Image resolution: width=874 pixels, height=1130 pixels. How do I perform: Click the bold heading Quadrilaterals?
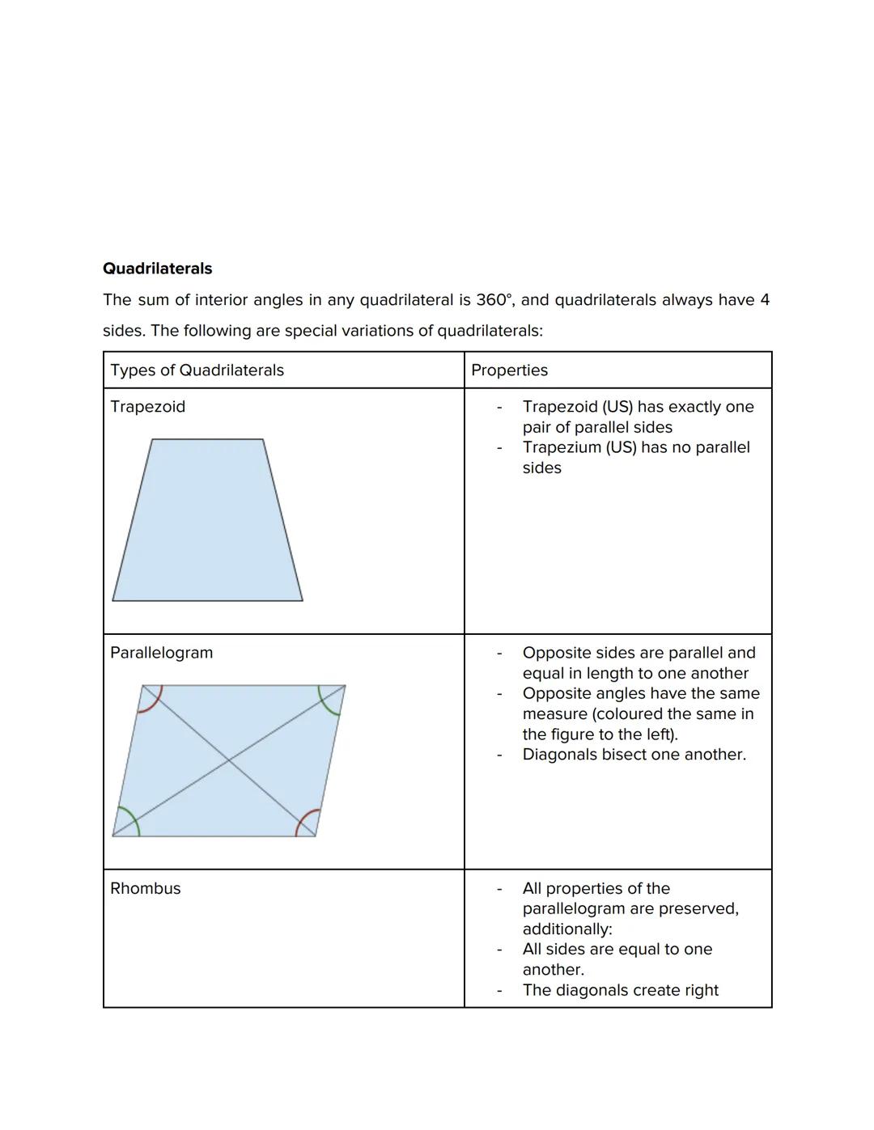coord(157,269)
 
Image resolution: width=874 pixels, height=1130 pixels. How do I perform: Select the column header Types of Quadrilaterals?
coord(197,370)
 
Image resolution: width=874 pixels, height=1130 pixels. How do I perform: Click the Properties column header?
coord(509,370)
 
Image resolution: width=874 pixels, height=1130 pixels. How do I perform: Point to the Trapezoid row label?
coord(147,407)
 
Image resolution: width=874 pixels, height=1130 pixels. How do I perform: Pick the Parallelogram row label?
coord(161,653)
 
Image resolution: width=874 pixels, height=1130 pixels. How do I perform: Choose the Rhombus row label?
coord(145,888)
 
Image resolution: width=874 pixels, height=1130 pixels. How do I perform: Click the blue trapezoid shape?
coord(207,526)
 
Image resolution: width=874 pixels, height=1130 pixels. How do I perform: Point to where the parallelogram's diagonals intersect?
coord(229,760)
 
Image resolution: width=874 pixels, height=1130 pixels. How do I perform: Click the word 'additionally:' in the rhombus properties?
coord(566,929)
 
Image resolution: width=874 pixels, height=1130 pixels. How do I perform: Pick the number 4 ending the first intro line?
coord(764,300)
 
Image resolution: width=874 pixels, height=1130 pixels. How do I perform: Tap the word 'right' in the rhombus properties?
coord(701,990)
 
